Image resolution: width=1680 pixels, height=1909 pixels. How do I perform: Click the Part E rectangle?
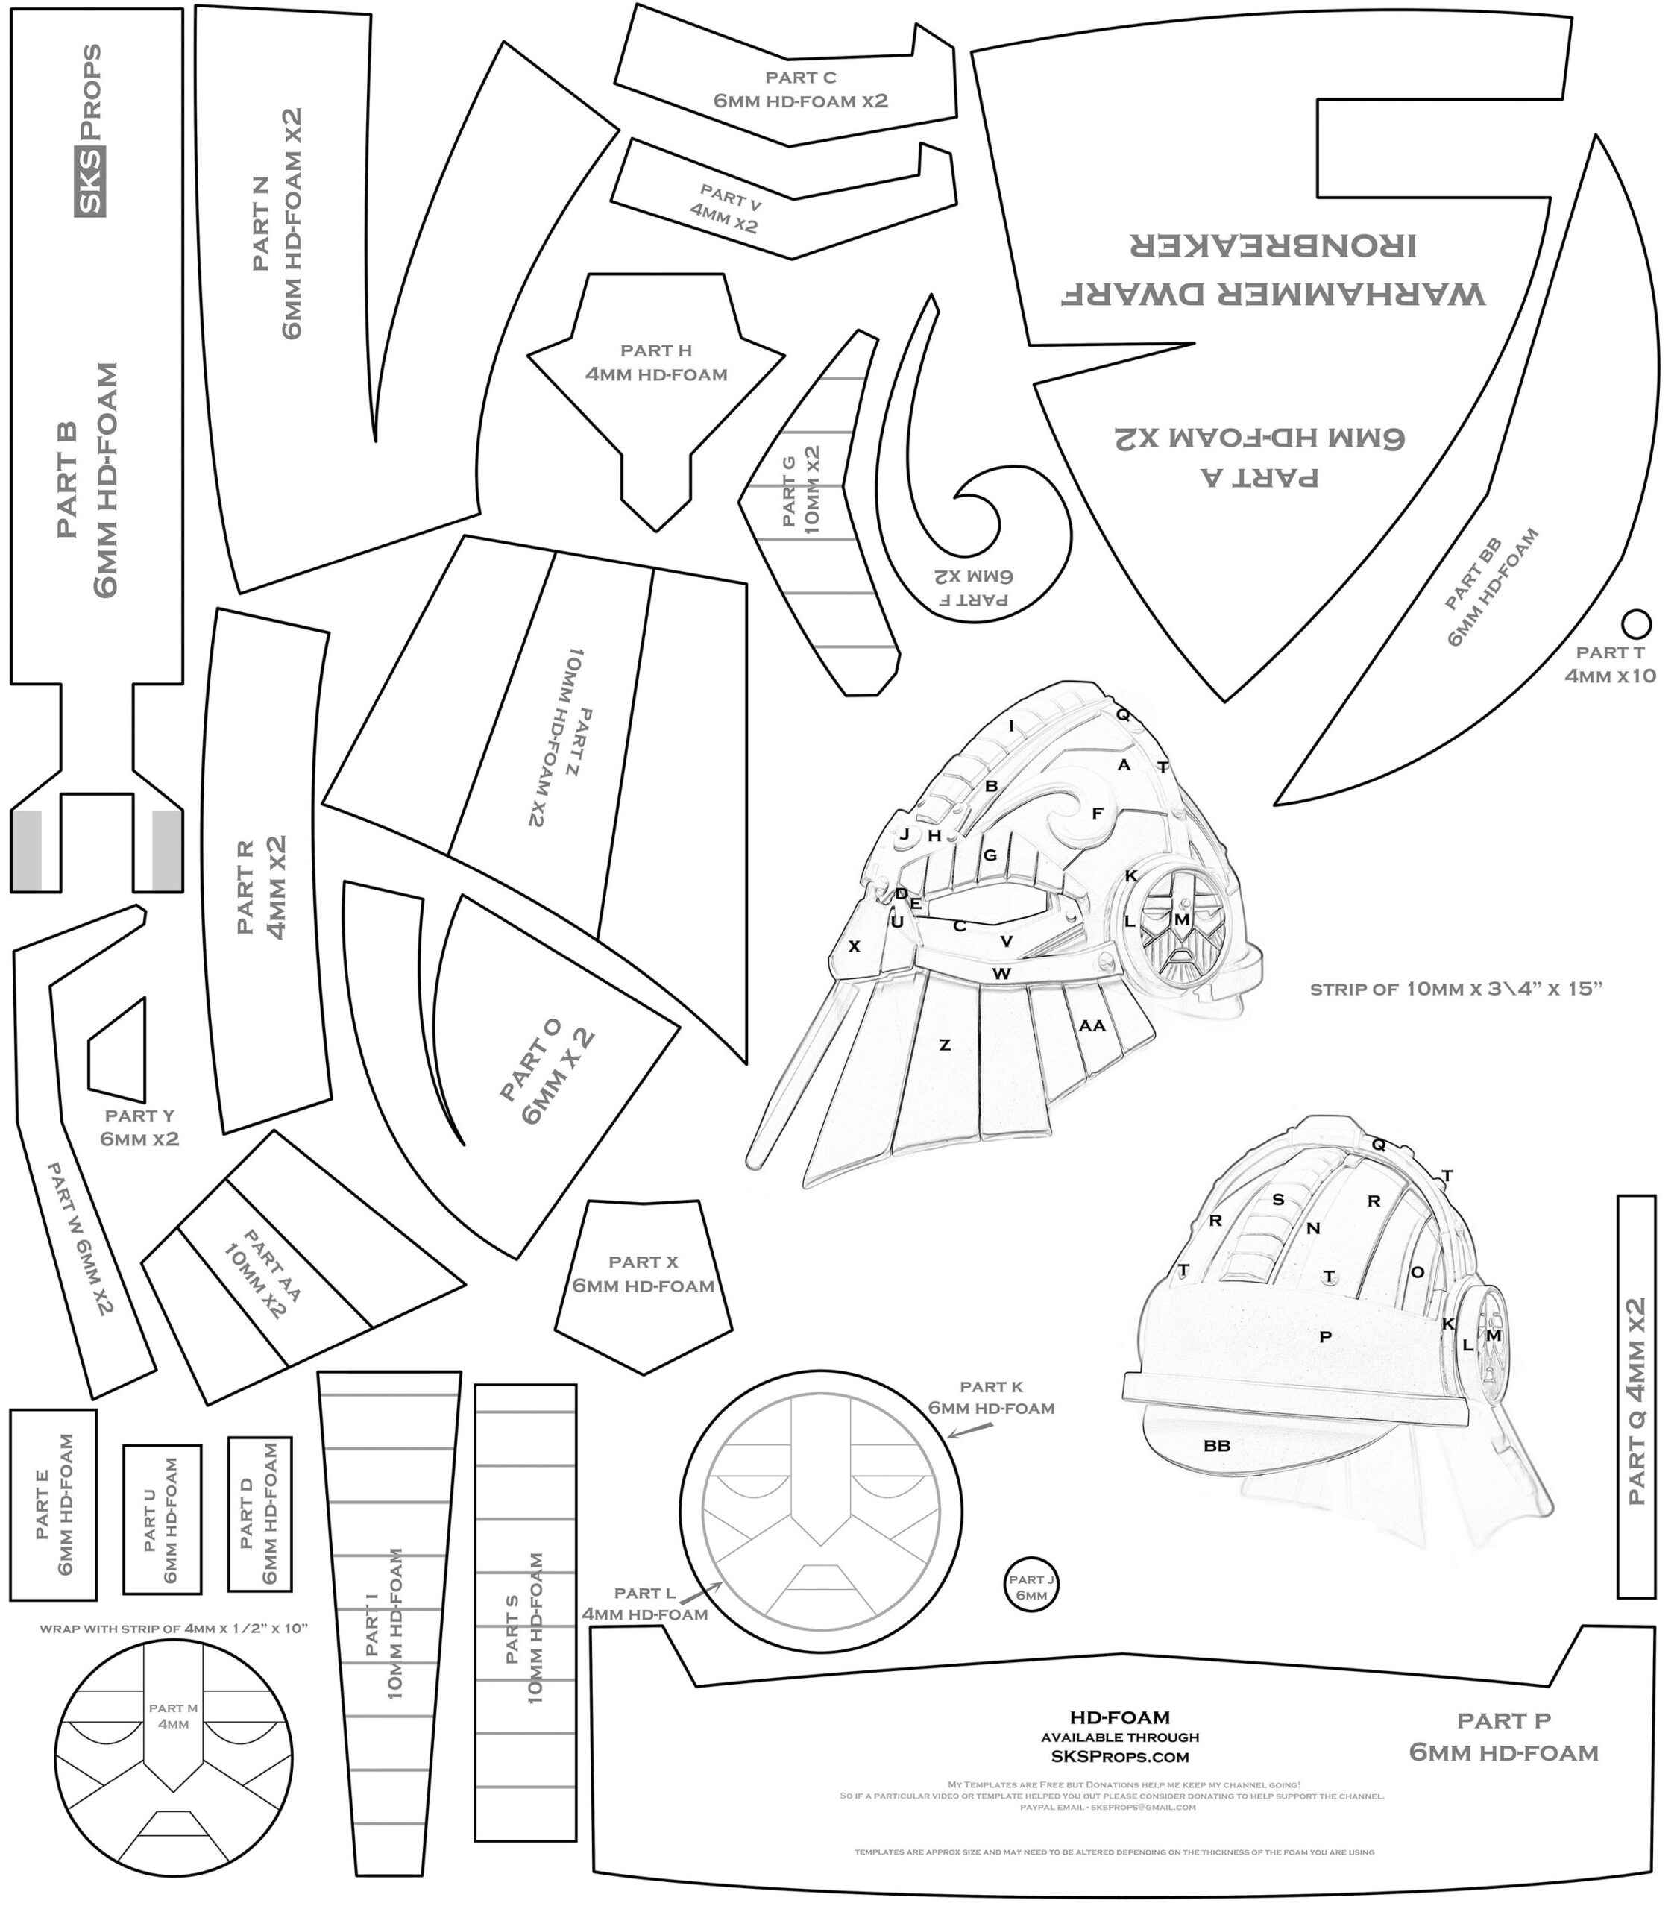(53, 1503)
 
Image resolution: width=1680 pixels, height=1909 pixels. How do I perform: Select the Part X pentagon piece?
(644, 1284)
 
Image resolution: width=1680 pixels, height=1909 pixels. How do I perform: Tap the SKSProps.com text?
(1120, 1756)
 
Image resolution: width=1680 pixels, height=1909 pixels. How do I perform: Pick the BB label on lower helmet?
(1216, 1445)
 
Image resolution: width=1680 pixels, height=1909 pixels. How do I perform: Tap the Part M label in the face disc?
(174, 1716)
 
